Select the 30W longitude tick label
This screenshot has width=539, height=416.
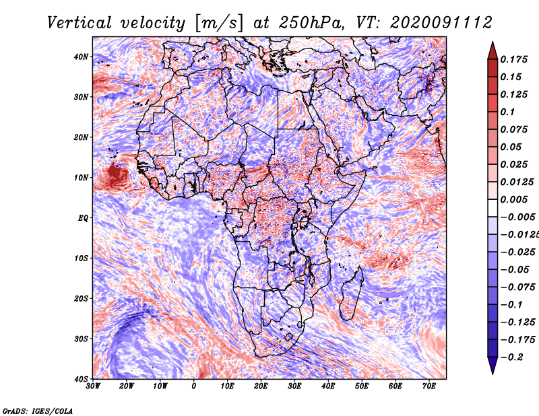click(93, 386)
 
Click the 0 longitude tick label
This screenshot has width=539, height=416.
click(194, 386)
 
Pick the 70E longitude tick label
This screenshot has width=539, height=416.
click(429, 386)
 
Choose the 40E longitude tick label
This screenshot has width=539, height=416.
click(328, 386)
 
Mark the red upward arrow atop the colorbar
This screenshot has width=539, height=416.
click(493, 48)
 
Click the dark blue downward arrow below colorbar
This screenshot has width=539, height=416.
click(493, 366)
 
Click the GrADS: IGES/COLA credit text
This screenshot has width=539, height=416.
click(37, 410)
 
